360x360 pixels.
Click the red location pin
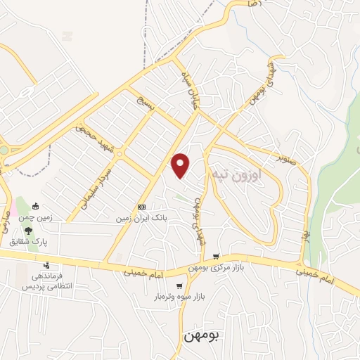tap(181, 165)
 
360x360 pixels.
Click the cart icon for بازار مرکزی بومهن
tap(217, 257)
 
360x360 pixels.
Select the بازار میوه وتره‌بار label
tap(181, 297)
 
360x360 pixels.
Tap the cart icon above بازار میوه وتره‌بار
tap(180, 285)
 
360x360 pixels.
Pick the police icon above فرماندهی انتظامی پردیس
tap(46, 266)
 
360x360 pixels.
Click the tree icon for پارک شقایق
tap(28, 229)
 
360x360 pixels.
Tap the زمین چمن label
tap(37, 218)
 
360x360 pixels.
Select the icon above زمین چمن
tap(36, 206)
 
